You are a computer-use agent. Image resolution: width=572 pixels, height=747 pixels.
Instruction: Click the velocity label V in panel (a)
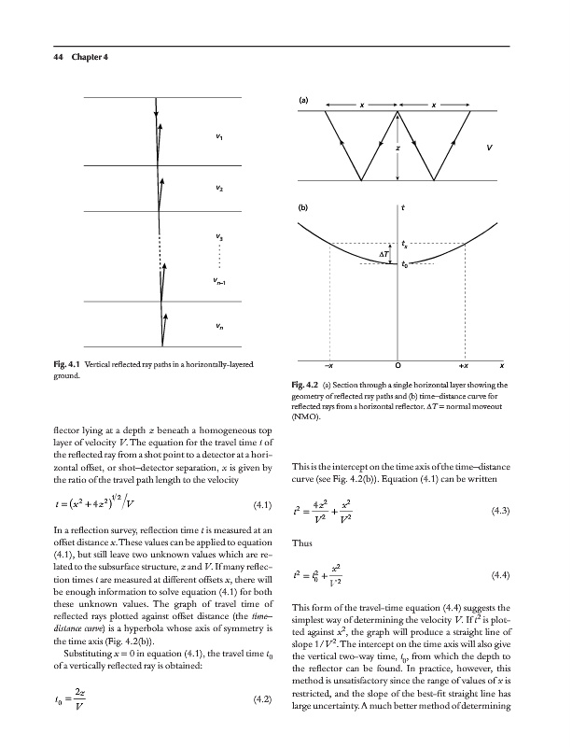490,147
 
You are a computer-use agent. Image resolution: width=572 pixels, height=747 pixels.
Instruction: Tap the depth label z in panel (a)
398,147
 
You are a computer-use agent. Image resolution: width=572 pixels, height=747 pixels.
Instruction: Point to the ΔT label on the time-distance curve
384,254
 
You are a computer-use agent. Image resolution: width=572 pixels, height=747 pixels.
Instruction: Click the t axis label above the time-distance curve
402,208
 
